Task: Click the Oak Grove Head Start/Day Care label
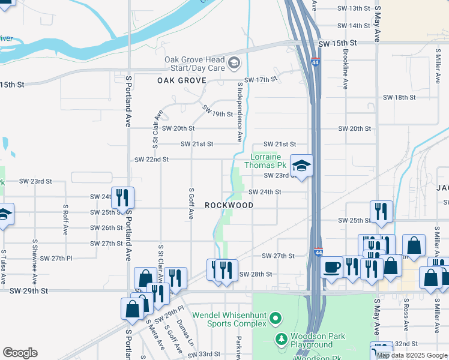(195, 64)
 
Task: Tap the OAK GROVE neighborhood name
(182, 80)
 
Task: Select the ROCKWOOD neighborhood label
(229, 205)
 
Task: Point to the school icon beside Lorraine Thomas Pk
(302, 166)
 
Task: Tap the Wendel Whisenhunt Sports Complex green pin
(276, 317)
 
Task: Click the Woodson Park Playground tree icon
(281, 340)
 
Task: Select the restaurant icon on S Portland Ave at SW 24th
(122, 197)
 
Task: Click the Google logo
(20, 353)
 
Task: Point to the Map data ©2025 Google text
(412, 355)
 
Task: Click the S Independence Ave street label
(240, 112)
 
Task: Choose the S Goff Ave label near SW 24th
(190, 203)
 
